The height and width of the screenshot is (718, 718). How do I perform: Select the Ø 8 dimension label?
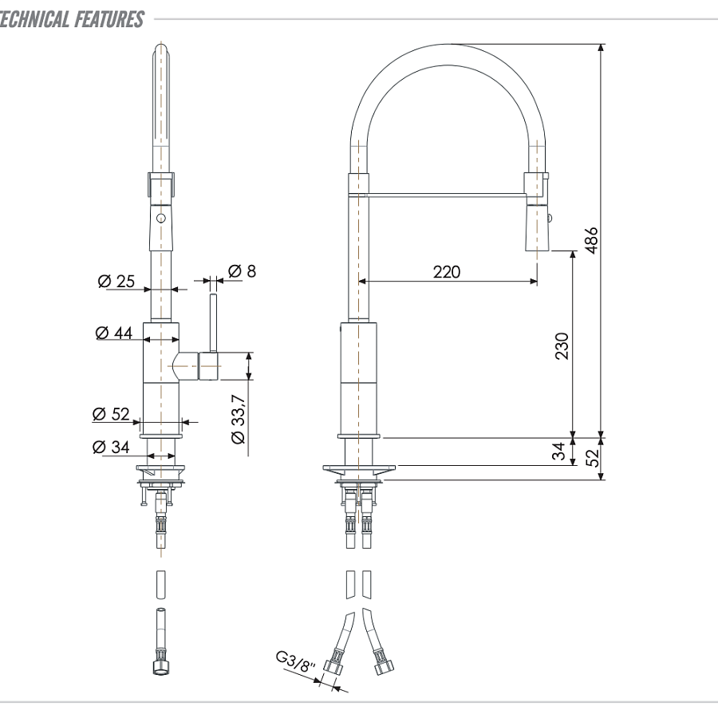click(x=242, y=271)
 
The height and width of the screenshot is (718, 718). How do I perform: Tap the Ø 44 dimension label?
click(x=113, y=333)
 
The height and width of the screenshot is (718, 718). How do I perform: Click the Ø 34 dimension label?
click(x=110, y=447)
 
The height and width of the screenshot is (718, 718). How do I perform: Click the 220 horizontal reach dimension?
click(x=447, y=271)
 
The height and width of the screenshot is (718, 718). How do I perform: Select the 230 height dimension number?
click(x=562, y=345)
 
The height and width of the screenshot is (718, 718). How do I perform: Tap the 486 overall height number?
click(x=591, y=239)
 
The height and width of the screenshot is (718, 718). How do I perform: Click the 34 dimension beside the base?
click(x=561, y=452)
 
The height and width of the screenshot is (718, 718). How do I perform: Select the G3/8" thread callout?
click(x=298, y=662)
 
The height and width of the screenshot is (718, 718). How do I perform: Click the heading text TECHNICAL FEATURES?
click(x=72, y=18)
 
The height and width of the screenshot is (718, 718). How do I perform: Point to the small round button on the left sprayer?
click(x=160, y=218)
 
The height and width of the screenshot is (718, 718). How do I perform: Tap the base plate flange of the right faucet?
click(x=358, y=468)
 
